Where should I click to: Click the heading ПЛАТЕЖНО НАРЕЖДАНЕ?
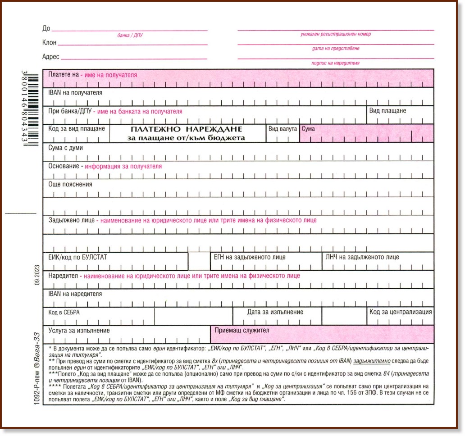(187, 129)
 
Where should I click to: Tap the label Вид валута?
(283, 129)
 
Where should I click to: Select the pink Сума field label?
(308, 129)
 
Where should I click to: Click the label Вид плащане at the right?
(387, 111)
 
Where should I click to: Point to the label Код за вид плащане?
(77, 129)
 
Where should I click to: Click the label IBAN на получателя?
(75, 93)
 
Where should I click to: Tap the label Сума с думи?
(65, 148)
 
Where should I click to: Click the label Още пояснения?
(70, 184)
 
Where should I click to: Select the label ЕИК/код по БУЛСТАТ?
(77, 257)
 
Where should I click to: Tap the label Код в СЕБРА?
(64, 312)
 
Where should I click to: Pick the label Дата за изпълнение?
(275, 312)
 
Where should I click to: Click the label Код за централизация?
(401, 312)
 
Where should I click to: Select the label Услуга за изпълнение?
(79, 330)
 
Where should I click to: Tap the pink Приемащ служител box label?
(242, 330)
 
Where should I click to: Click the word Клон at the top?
(49, 43)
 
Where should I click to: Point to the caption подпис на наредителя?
(335, 64)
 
